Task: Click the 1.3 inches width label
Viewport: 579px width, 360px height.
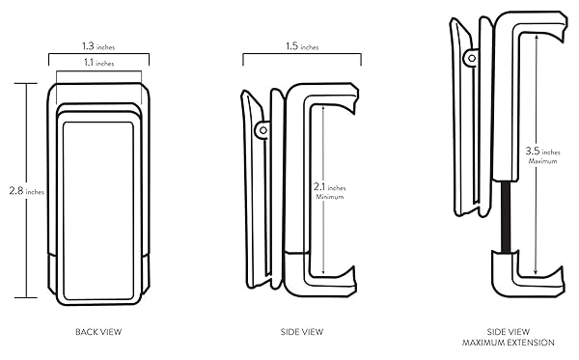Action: tap(98, 46)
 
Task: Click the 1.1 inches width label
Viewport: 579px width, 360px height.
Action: tap(99, 63)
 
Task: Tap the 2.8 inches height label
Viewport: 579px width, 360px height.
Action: tap(27, 191)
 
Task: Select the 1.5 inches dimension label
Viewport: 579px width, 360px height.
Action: tap(302, 46)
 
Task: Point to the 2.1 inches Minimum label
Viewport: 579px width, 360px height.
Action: tap(330, 192)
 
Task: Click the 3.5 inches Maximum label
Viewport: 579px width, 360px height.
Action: tap(542, 155)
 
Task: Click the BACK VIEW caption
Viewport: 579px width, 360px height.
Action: tap(98, 332)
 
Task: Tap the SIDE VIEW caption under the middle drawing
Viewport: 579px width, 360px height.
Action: tap(302, 332)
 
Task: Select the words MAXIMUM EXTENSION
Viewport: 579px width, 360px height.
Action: tap(509, 343)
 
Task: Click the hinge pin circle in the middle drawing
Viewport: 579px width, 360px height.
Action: tap(262, 130)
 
